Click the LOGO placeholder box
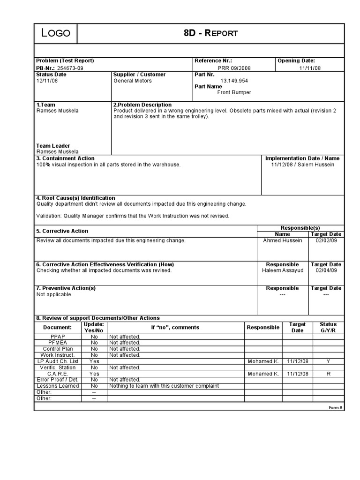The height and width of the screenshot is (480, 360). (56, 33)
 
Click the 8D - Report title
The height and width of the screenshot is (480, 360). (211, 33)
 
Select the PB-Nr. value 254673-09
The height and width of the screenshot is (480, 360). (70, 68)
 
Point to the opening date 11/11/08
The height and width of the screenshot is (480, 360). (310, 68)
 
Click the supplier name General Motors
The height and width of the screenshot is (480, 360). (133, 81)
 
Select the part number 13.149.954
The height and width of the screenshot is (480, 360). (234, 81)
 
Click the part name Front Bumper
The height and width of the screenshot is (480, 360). (234, 92)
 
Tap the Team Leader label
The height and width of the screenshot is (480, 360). (53, 146)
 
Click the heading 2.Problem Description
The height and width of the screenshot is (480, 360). (142, 105)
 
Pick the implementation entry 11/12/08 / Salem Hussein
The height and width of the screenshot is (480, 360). (303, 165)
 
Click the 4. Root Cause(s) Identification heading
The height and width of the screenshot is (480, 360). (75, 198)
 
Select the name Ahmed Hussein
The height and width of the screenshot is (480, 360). (283, 240)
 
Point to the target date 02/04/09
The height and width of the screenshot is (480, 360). (326, 270)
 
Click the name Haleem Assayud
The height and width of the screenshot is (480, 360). (283, 270)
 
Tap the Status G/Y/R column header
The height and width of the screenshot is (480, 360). (328, 327)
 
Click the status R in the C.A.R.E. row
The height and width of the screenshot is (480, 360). (328, 374)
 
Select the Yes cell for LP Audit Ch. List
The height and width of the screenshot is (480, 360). (94, 361)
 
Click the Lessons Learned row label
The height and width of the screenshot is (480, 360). (58, 386)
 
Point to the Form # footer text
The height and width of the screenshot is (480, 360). (336, 407)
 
